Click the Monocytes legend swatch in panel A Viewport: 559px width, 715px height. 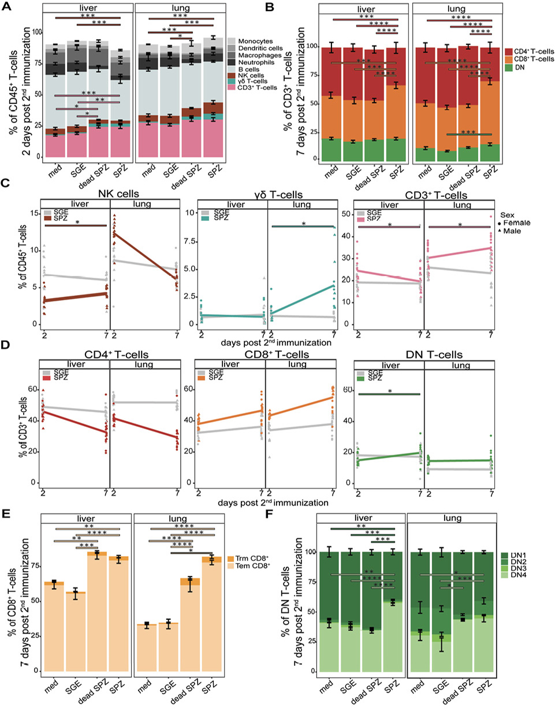[231, 42]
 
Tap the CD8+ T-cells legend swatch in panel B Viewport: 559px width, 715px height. [508, 59]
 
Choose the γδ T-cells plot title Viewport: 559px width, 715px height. [274, 195]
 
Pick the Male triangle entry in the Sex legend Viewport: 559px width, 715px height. [512, 230]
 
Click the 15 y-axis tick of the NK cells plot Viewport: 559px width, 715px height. [33, 214]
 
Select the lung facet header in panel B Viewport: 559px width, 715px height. [456, 9]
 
